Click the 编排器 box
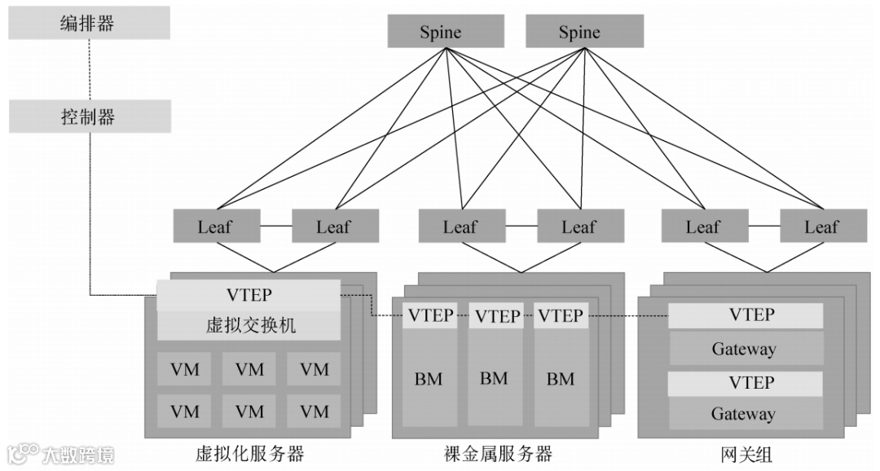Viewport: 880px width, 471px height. pyautogui.click(x=90, y=23)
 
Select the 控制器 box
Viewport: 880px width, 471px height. pyautogui.click(x=90, y=117)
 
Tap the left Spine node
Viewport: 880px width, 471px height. pyautogui.click(x=441, y=33)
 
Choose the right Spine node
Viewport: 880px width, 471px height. pyautogui.click(x=579, y=33)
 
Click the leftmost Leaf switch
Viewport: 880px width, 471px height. pyautogui.click(x=215, y=227)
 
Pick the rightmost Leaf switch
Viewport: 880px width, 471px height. pyautogui.click(x=821, y=227)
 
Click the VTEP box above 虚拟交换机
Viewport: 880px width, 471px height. pyautogui.click(x=249, y=294)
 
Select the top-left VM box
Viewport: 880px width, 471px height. pyautogui.click(x=185, y=369)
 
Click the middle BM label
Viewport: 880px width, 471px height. pyautogui.click(x=494, y=378)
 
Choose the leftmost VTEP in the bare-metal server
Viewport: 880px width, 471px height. pyautogui.click(x=430, y=315)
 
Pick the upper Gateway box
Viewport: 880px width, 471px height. pyautogui.click(x=744, y=349)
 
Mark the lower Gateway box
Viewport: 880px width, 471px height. pyautogui.click(x=744, y=414)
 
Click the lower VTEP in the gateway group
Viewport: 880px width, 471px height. pyautogui.click(x=744, y=383)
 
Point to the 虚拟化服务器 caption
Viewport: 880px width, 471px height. pyautogui.click(x=250, y=453)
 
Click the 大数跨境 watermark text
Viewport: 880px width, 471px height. pyautogui.click(x=77, y=454)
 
